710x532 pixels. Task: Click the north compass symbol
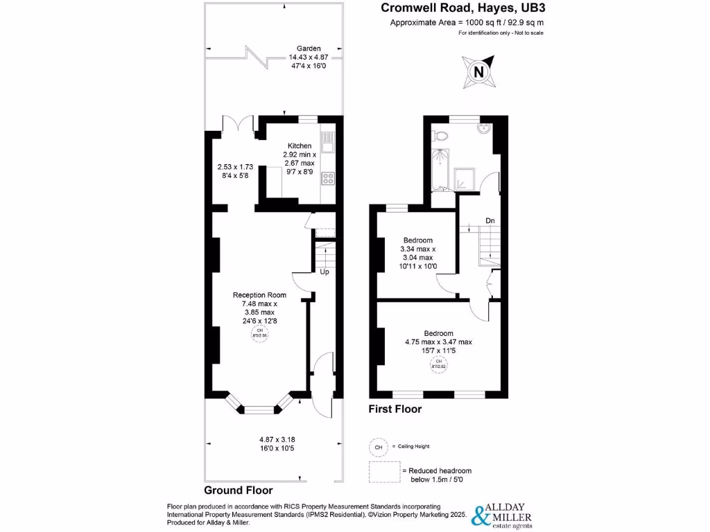(x=478, y=72)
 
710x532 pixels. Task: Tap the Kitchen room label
(x=299, y=146)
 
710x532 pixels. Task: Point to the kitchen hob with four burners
(x=328, y=179)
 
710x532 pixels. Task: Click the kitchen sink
(x=328, y=143)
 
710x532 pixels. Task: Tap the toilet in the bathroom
(x=442, y=134)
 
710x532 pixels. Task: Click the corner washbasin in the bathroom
(x=484, y=128)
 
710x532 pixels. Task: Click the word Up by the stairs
(x=324, y=272)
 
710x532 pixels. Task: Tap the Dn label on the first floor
(x=490, y=221)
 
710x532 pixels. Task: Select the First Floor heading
(x=395, y=409)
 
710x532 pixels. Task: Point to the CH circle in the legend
(x=379, y=447)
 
